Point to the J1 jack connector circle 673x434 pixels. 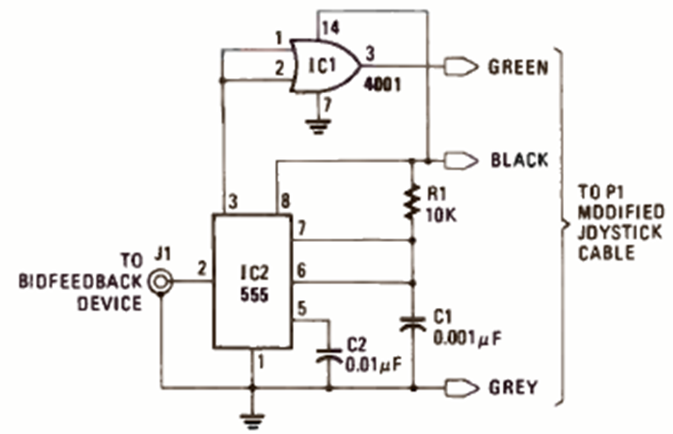point(161,281)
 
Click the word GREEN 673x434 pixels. point(519,68)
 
